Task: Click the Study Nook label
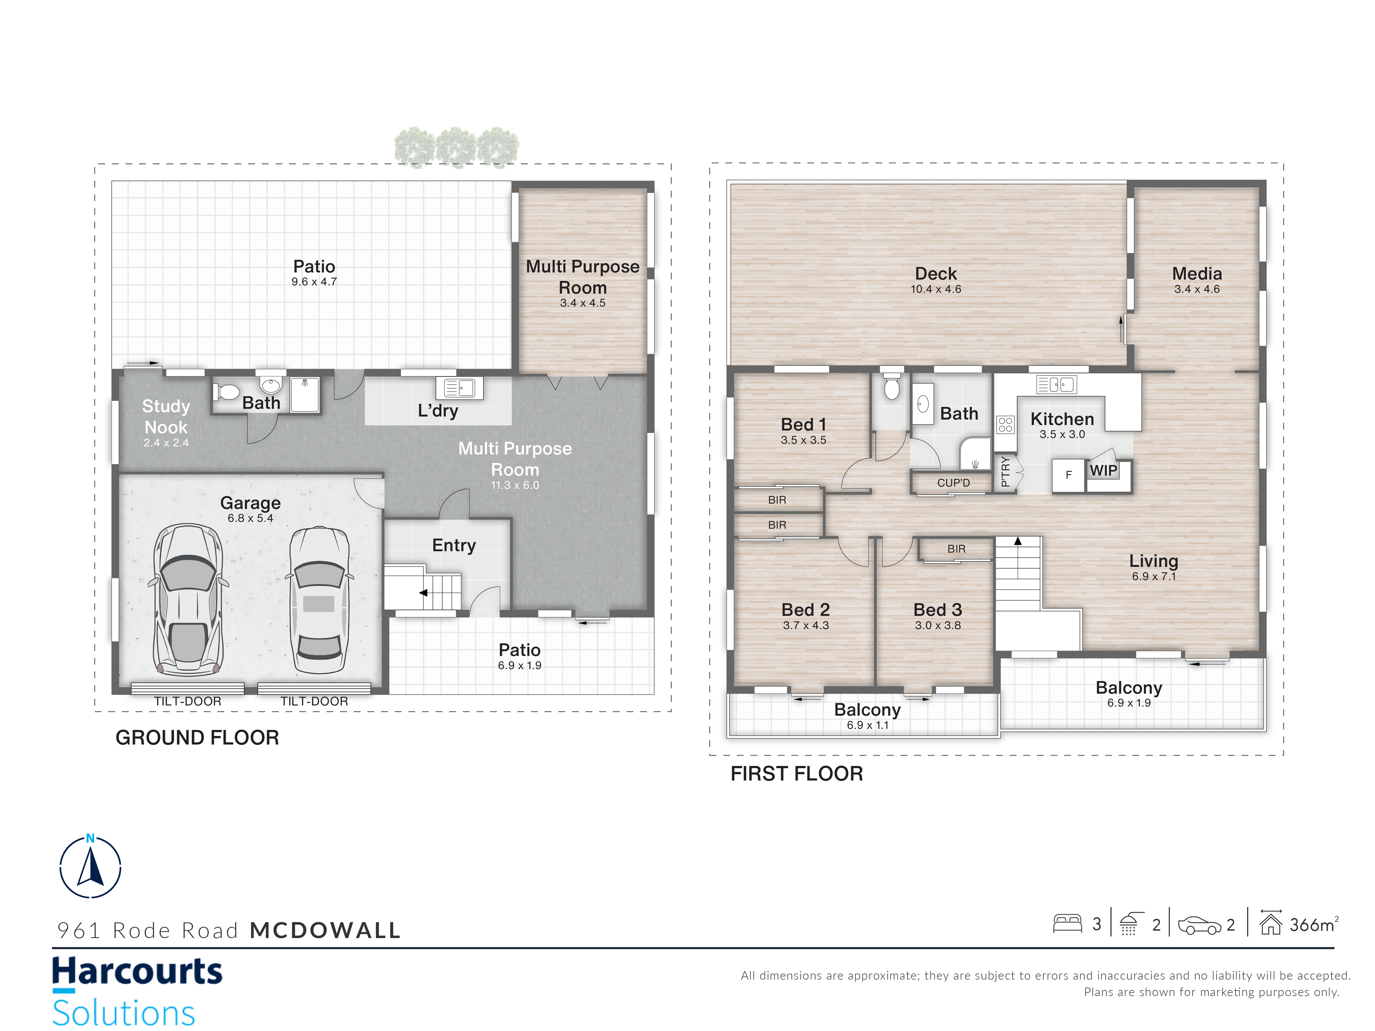(x=166, y=416)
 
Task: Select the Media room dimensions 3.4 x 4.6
(x=1197, y=289)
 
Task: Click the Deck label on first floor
(x=936, y=274)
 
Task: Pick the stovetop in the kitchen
(x=1005, y=424)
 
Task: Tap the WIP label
(x=1103, y=470)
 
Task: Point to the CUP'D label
(x=953, y=483)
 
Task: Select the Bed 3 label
(x=937, y=610)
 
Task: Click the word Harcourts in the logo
(x=137, y=971)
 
